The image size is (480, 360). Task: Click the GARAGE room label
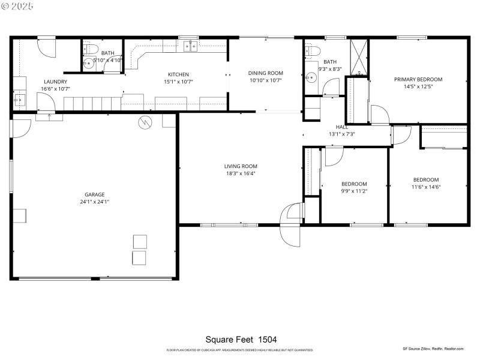[94, 194]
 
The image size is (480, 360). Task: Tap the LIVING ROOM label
[241, 166]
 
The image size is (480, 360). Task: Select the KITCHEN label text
[178, 74]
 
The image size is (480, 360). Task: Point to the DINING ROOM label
[265, 73]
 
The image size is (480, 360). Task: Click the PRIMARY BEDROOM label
[418, 79]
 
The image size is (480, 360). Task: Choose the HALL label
[341, 127]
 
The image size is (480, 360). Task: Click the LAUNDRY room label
[55, 82]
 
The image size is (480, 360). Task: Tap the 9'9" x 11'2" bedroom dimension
[353, 191]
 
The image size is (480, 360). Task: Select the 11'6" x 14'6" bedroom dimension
[425, 187]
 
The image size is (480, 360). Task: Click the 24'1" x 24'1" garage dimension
[94, 202]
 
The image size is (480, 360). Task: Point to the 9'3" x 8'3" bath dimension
[330, 69]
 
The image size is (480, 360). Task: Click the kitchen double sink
[191, 46]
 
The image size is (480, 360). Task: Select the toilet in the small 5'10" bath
[90, 49]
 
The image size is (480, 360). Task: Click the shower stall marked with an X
[358, 55]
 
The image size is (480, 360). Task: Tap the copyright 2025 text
[17, 5]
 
